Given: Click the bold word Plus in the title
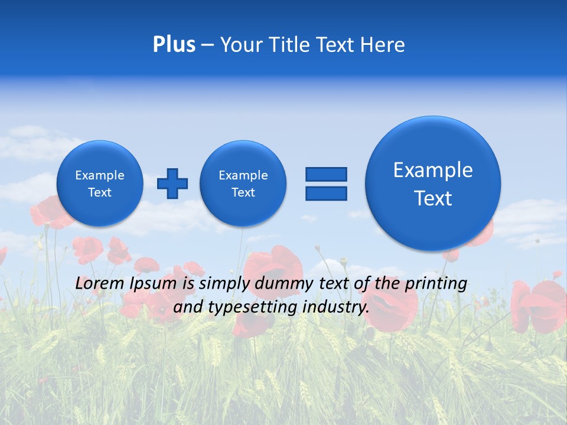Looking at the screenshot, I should [174, 45].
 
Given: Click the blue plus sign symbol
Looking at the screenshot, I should [172, 184].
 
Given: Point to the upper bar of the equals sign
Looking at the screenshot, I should [326, 174].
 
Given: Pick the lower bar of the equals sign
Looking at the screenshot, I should [326, 193].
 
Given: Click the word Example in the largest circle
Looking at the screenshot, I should [433, 170].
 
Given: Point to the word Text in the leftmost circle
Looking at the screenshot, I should [100, 192].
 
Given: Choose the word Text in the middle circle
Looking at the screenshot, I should [243, 192].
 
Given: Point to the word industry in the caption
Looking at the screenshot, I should [335, 308].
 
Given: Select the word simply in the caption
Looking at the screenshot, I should [224, 284].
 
